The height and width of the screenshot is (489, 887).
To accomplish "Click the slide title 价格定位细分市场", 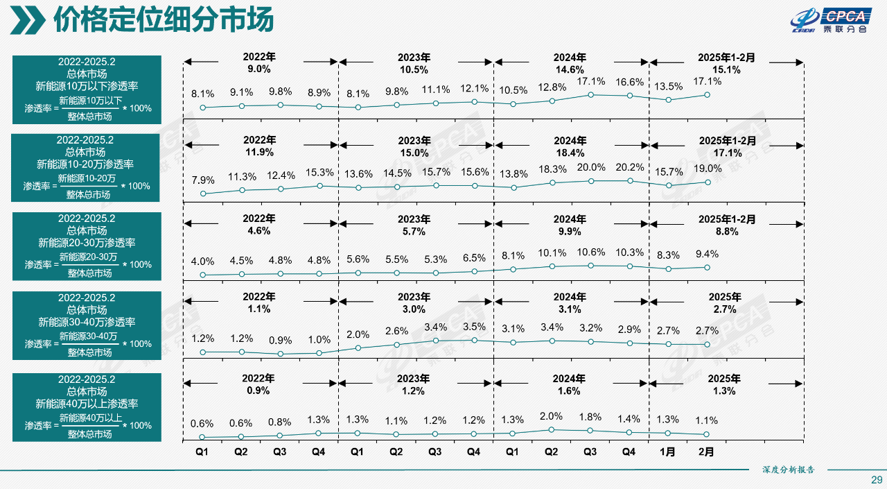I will [x=164, y=20].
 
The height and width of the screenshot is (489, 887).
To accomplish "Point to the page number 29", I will [x=876, y=480].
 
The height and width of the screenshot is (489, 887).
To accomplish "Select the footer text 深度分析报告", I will [x=788, y=470].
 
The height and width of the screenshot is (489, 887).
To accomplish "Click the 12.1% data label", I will [x=474, y=89].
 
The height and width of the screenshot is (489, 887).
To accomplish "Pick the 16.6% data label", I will [x=629, y=83].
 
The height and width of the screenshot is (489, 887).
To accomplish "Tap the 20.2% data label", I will [x=629, y=167].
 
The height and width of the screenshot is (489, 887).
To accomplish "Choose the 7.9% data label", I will [x=203, y=180].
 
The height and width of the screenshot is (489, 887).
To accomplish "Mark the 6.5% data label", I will [x=474, y=258].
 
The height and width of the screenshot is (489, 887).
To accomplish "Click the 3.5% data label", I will [x=474, y=327].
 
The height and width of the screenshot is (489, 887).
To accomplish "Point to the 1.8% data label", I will [x=590, y=417].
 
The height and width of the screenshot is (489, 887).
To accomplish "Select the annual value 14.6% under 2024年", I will [x=570, y=70].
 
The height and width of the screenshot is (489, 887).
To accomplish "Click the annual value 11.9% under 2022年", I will [x=259, y=152].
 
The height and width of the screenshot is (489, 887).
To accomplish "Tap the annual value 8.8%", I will [x=727, y=232].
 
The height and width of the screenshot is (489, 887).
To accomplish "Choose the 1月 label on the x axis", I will [x=667, y=452].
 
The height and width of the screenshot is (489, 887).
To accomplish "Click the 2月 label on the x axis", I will [x=706, y=452].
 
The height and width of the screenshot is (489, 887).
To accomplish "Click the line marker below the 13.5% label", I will [x=668, y=100].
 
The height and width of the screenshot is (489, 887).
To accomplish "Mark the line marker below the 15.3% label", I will [x=319, y=186].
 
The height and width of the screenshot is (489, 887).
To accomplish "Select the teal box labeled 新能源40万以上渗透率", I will [x=87, y=407].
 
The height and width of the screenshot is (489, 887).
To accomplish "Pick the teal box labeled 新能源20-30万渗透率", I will [x=87, y=246].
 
